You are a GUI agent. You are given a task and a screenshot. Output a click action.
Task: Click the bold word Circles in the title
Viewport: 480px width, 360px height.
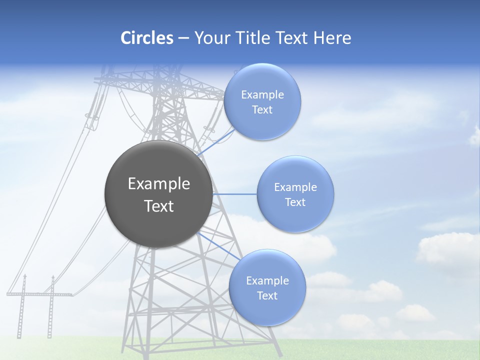(x=146, y=38)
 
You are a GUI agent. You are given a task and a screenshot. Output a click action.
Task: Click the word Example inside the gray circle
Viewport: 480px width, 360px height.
(x=159, y=184)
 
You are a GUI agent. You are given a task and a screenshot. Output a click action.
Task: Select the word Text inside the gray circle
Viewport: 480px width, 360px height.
(x=159, y=206)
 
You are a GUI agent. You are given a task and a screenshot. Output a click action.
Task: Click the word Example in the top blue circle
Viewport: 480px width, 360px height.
(x=262, y=95)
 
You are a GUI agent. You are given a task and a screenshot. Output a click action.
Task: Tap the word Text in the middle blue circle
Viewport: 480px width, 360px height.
(x=295, y=202)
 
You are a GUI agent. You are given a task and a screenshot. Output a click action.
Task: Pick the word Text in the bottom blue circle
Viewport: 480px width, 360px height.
(x=267, y=296)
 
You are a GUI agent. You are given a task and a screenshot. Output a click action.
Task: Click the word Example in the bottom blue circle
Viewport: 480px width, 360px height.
(x=267, y=281)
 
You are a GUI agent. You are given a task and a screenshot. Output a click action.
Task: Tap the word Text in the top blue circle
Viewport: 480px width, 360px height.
(x=262, y=110)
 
